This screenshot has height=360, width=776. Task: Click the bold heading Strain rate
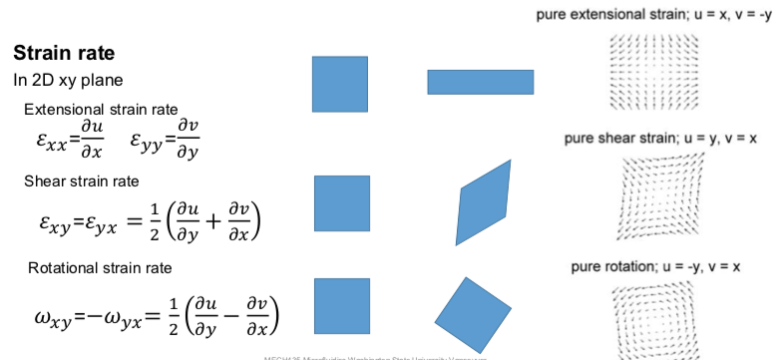click(x=65, y=53)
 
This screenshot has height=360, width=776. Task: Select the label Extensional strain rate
click(x=101, y=109)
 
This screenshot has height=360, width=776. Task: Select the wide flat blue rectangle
click(x=480, y=82)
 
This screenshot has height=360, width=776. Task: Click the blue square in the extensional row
click(x=340, y=84)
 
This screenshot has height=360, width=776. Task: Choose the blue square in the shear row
click(x=342, y=202)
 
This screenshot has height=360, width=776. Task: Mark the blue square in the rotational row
click(x=342, y=306)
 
